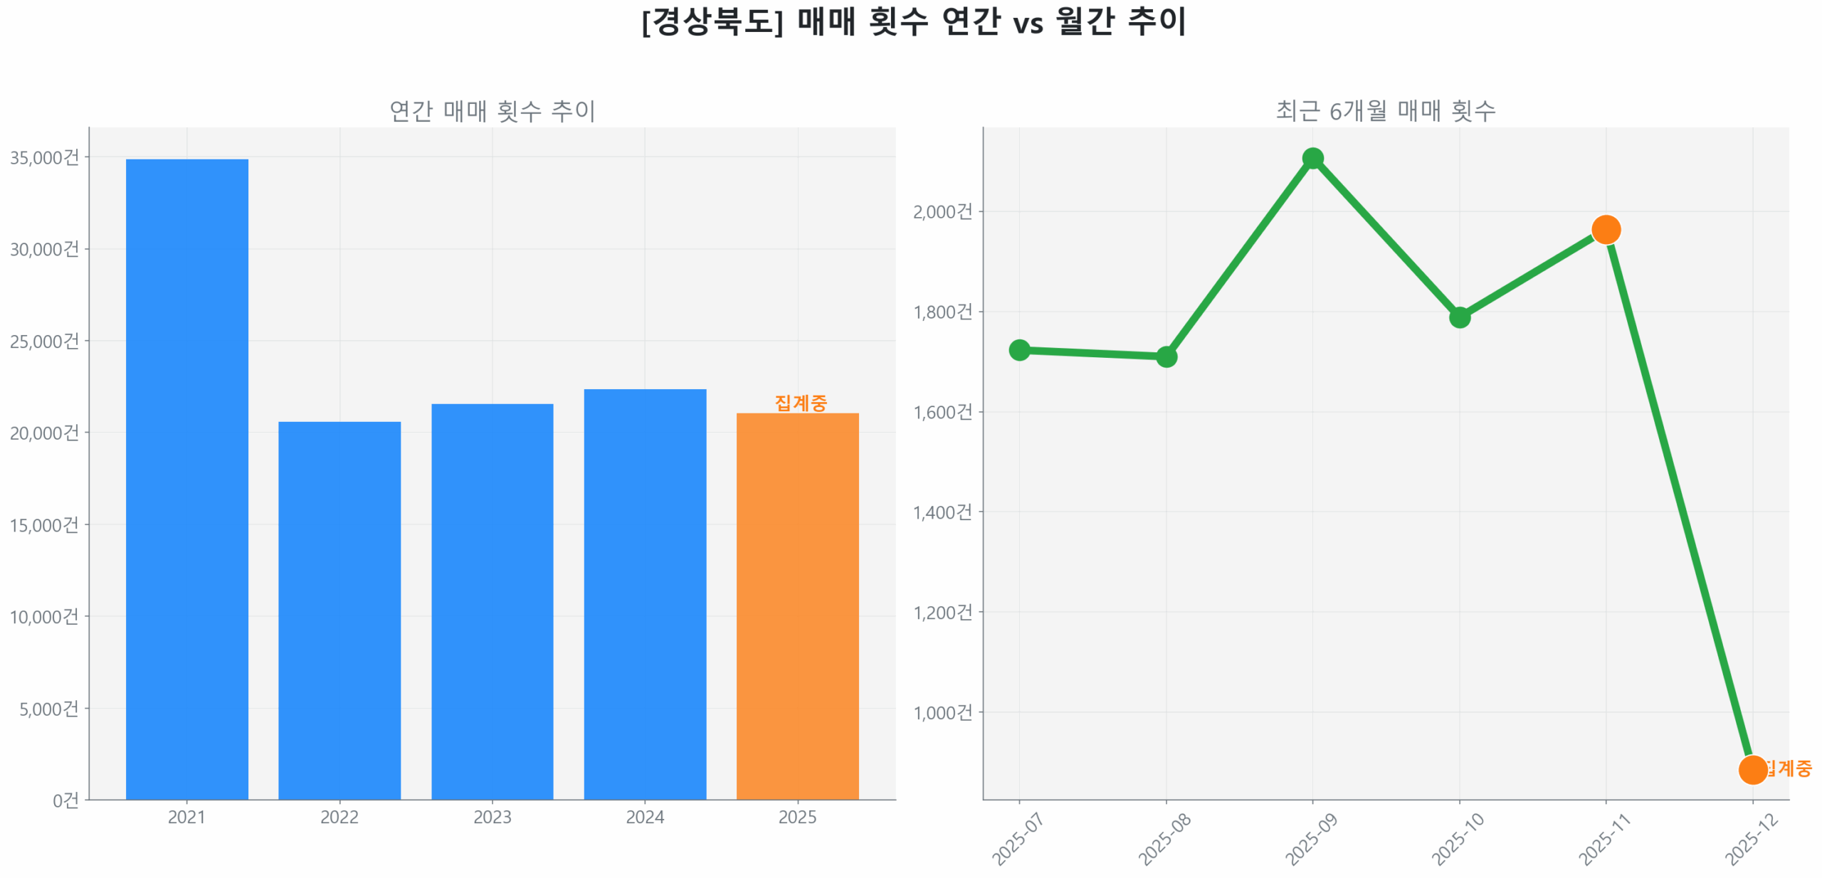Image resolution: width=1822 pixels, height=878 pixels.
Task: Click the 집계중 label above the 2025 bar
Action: pyautogui.click(x=800, y=402)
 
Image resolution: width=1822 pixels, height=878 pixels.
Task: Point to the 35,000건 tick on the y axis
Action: pyautogui.click(x=44, y=157)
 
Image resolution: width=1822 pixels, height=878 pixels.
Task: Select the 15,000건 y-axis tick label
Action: pyautogui.click(x=44, y=524)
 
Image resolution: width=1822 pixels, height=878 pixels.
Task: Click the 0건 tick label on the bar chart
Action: pyautogui.click(x=65, y=800)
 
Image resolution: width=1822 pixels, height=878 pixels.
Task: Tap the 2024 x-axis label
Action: pyautogui.click(x=644, y=816)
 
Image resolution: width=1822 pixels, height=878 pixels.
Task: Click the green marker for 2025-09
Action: pyautogui.click(x=1312, y=158)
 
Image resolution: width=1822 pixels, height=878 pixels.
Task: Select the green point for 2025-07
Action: pyautogui.click(x=1018, y=349)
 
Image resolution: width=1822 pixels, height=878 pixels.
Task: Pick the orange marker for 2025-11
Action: pyautogui.click(x=1605, y=229)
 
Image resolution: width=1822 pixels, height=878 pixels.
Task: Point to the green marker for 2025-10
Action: pyautogui.click(x=1458, y=317)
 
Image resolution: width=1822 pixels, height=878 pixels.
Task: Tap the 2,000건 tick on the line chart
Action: pyautogui.click(x=942, y=211)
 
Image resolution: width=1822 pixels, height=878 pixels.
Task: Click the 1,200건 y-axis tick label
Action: pyautogui.click(x=942, y=612)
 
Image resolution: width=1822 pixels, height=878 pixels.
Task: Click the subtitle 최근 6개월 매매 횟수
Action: pyautogui.click(x=1384, y=110)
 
